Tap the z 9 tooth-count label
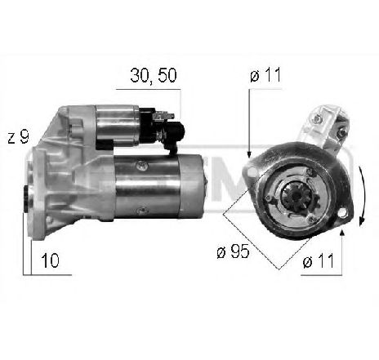(x=19, y=138)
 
